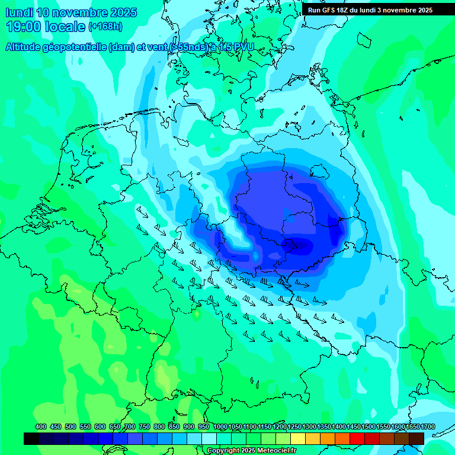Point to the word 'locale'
[66, 27]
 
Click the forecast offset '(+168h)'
[105, 27]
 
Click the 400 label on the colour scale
[41, 427]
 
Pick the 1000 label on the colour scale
[220, 427]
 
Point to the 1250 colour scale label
[294, 427]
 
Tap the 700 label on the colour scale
[130, 427]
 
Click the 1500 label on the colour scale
[368, 427]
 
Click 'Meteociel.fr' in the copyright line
[273, 451]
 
